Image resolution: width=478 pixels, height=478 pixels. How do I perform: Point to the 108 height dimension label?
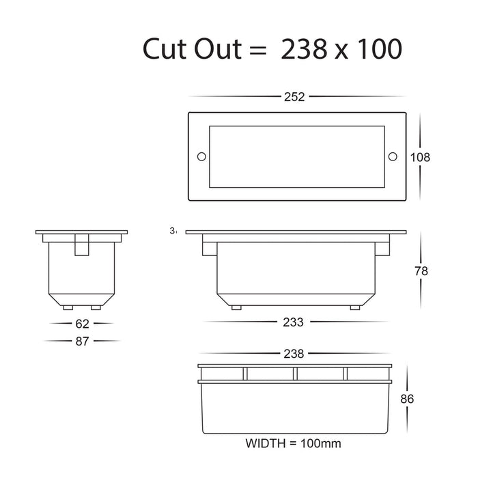point(420,157)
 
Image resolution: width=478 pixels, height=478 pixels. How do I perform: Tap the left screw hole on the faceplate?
point(201,157)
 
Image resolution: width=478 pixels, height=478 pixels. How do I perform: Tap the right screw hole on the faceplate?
point(392,157)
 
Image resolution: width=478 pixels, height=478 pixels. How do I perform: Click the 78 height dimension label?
point(421,271)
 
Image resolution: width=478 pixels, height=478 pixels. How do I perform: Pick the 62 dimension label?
point(82,323)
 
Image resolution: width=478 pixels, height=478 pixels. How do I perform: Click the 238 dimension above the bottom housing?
point(296,354)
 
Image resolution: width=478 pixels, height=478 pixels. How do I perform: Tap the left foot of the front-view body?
point(236,307)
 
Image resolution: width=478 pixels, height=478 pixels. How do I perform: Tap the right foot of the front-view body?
point(354,307)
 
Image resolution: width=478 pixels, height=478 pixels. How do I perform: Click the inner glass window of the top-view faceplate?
point(296,157)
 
